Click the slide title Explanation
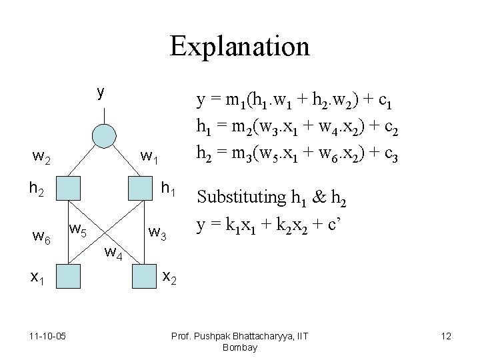point(239,47)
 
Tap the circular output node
point(103,136)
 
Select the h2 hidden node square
point(67,189)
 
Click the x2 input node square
point(144,275)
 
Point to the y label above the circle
point(100,91)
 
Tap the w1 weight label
point(149,159)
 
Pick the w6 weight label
point(43,237)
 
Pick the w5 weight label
point(79,231)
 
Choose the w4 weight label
point(113,253)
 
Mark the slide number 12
point(446,336)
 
